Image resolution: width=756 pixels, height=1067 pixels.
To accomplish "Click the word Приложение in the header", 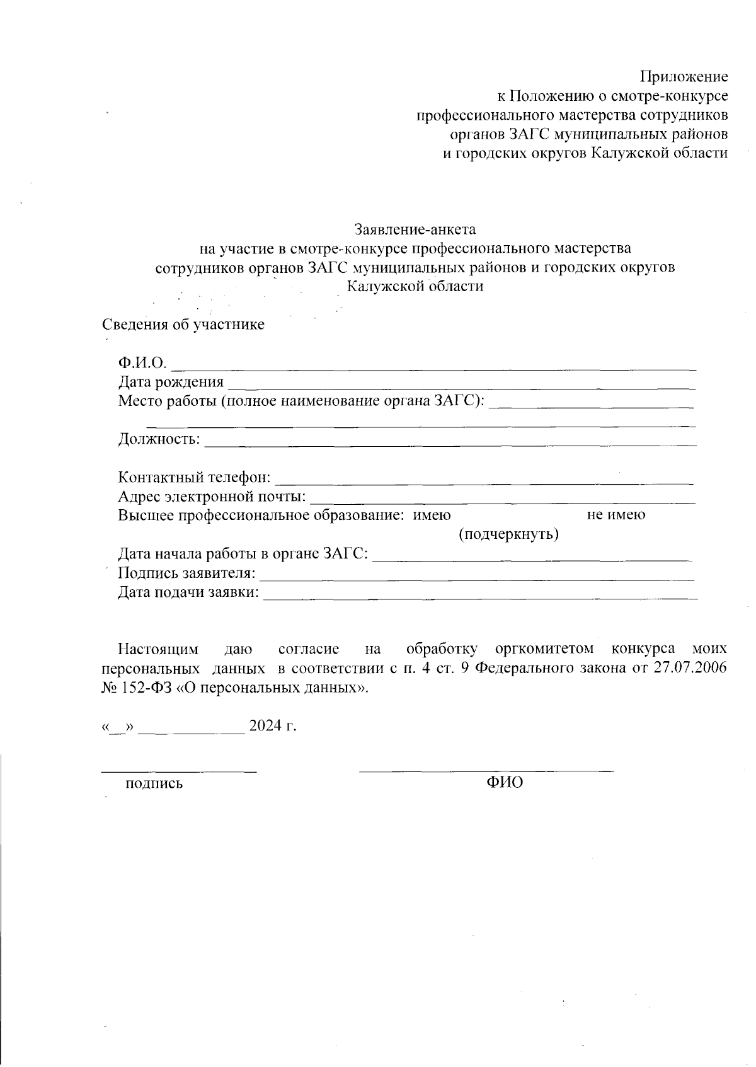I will (684, 77).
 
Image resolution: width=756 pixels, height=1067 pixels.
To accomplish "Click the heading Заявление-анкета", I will (415, 228).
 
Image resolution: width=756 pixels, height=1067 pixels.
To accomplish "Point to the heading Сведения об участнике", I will (183, 325).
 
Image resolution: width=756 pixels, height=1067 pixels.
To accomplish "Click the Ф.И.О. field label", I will (142, 363).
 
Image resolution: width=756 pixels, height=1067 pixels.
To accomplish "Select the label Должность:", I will (159, 439).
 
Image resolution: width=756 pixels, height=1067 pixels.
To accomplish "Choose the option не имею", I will (616, 515).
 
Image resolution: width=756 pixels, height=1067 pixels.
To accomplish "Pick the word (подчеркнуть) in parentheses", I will (508, 535).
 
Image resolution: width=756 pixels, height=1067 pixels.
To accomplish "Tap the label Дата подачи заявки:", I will (189, 592).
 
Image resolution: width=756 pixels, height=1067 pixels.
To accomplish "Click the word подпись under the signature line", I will (154, 784).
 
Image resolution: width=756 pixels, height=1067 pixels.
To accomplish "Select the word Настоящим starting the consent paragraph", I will (158, 649).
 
